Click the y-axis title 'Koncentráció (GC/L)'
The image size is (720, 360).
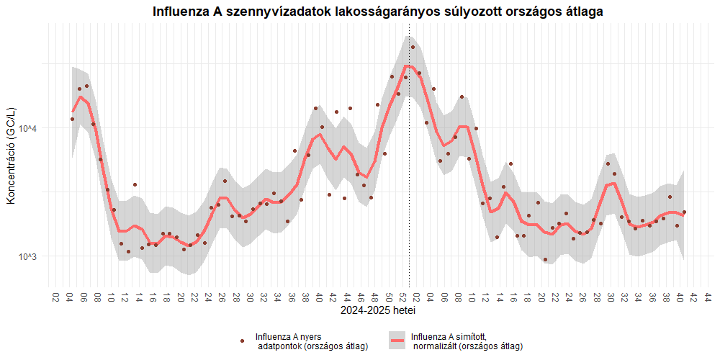[x=11, y=156]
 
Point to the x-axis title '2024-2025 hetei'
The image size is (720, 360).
[x=378, y=312]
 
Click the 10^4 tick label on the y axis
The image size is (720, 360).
[x=28, y=129]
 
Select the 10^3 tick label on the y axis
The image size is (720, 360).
[x=28, y=257]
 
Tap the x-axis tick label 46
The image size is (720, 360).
[x=361, y=297]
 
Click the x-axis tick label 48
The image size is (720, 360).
[x=374, y=297]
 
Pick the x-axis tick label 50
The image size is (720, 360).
[x=389, y=297]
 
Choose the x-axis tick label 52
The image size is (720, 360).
[x=402, y=297]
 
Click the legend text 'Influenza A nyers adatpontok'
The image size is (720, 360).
[x=312, y=341]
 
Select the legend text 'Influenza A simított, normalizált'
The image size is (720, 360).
[x=466, y=341]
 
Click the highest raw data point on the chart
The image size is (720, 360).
[x=413, y=48]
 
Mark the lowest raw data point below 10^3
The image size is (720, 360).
[x=545, y=260]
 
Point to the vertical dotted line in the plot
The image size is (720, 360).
[x=409, y=180]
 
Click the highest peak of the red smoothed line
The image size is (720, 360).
[x=408, y=66]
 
